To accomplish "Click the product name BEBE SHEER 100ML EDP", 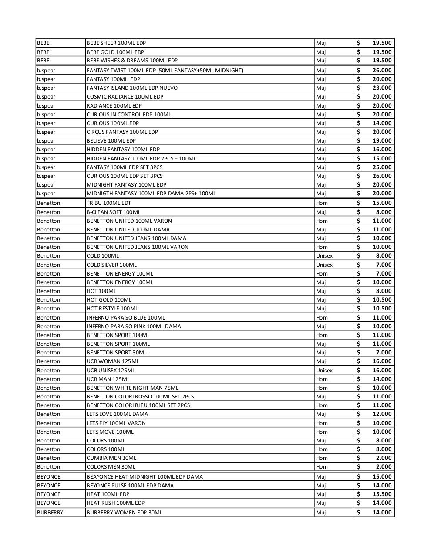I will [x=116, y=43].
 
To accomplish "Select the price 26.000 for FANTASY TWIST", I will [x=382, y=70].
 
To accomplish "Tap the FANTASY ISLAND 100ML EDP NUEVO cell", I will [x=132, y=88].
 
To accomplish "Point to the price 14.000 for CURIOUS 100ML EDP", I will [x=382, y=123].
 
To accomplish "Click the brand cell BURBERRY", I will [x=50, y=513].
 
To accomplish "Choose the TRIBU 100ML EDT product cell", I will [x=109, y=203].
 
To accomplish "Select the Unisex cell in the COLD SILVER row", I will [x=324, y=265].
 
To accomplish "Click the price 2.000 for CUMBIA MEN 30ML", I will [x=384, y=458].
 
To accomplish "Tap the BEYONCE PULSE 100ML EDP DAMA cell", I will [x=130, y=486].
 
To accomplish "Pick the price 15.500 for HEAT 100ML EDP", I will [x=382, y=494].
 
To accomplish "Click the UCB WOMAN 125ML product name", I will [x=113, y=361].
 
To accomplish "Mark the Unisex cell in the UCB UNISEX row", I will [x=324, y=371].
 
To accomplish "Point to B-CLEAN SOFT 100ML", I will [x=114, y=212].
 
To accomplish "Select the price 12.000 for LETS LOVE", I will [x=382, y=414].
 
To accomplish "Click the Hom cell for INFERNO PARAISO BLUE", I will [x=322, y=318].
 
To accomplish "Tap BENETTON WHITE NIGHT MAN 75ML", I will [x=132, y=388].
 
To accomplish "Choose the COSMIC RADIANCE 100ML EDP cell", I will [x=125, y=97].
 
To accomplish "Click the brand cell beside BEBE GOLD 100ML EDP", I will [x=44, y=52].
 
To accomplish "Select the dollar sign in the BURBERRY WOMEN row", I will [x=358, y=513].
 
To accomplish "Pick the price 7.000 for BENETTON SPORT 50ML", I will [x=384, y=353].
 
